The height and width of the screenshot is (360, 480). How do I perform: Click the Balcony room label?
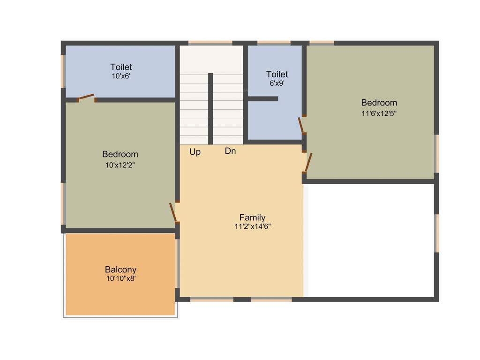120,270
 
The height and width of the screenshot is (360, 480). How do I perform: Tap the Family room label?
252,217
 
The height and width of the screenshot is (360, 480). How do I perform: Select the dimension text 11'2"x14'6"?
253,226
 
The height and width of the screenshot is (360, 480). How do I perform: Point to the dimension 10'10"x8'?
120,278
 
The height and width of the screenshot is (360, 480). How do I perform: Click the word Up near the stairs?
195,152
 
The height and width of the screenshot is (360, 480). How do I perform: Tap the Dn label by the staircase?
230,151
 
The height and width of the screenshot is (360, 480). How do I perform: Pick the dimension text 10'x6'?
121,75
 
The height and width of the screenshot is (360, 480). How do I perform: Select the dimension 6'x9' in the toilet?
277,83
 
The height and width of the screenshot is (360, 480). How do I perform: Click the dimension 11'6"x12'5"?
379,113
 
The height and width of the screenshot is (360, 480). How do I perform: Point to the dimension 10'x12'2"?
120,165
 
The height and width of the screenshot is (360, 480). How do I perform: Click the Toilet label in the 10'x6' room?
121,67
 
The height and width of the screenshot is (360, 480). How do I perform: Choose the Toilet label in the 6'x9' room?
277,74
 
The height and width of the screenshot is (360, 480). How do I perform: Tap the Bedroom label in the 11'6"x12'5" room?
379,103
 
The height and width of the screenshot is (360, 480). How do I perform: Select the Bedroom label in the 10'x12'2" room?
120,154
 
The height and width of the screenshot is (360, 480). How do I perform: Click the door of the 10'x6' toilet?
86,97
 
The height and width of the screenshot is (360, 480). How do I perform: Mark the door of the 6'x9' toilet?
301,126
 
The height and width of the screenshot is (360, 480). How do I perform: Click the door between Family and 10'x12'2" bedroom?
173,212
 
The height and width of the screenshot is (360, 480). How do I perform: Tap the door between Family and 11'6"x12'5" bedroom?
308,162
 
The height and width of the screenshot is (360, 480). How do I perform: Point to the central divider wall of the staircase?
210,109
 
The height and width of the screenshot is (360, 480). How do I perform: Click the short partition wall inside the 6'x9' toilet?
262,99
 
